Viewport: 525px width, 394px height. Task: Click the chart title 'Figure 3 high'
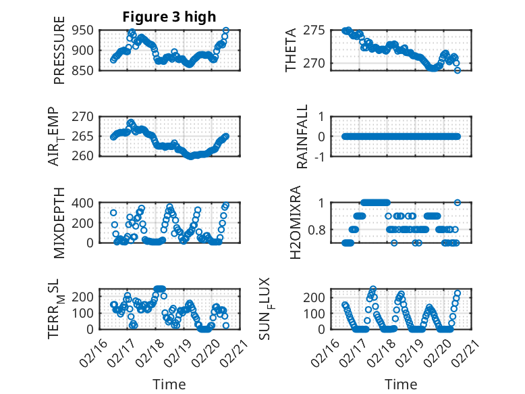point(169,17)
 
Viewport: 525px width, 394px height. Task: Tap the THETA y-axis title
point(291,50)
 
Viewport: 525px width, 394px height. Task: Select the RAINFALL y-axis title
point(303,137)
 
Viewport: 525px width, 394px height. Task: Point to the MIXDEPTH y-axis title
point(59,222)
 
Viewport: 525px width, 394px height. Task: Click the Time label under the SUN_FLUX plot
point(401,385)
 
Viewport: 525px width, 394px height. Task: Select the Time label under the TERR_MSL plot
point(169,385)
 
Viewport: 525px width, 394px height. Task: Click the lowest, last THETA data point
point(457,70)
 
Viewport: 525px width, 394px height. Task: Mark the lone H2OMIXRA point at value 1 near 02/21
point(457,202)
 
